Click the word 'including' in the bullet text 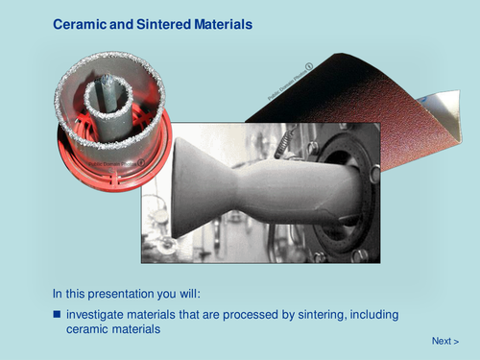(373, 315)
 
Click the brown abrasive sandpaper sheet (355, 86)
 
